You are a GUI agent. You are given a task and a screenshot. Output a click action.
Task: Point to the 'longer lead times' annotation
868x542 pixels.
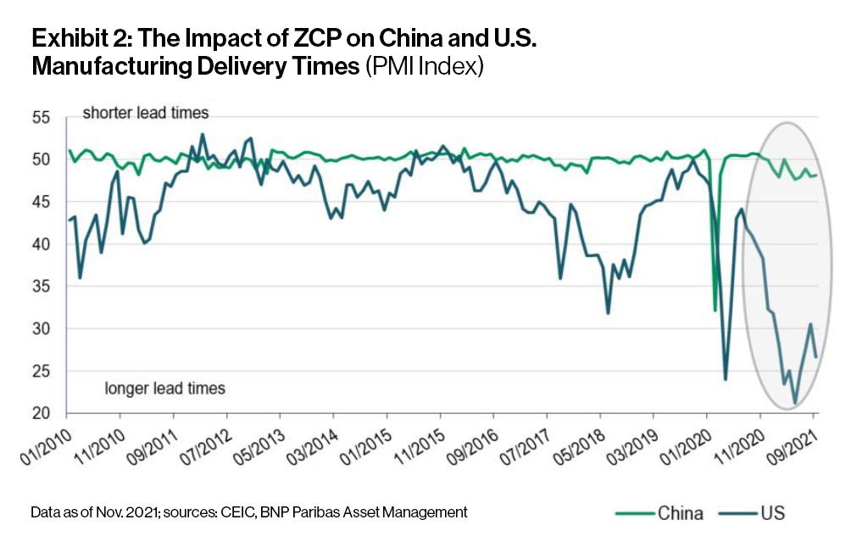165,388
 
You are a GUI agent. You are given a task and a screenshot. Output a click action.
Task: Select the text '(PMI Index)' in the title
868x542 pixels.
424,67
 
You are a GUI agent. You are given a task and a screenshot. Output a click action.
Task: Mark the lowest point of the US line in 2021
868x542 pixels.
795,404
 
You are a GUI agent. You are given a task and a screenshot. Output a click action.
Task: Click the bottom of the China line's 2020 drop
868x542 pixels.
715,310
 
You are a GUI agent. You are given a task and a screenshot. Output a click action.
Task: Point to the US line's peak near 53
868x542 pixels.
203,134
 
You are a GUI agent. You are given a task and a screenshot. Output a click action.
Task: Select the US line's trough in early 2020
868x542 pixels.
726,379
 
